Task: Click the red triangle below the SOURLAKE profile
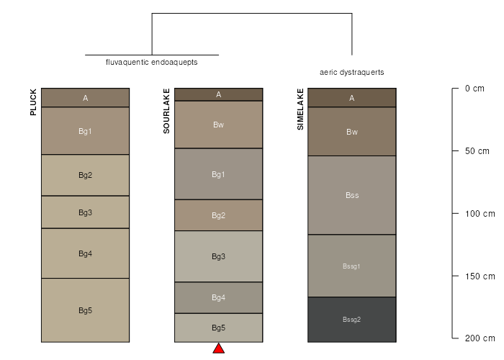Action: pos(219,348)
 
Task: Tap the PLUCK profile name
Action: pos(33,102)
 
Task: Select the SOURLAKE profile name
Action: pos(166,111)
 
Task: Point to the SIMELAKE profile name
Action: pos(300,109)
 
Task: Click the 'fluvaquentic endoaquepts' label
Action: pos(152,62)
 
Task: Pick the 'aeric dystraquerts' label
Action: pos(352,72)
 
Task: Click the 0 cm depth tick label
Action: pos(474,89)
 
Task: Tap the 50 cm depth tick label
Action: pos(477,151)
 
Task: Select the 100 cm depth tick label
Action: pos(480,214)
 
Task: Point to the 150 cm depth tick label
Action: pos(480,276)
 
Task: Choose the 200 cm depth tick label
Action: pos(480,338)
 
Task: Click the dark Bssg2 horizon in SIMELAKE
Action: pos(352,320)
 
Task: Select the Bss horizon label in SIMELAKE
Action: pos(352,195)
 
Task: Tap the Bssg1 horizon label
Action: pos(351,266)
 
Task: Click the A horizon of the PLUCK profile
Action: pos(85,98)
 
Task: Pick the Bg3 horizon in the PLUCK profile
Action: pos(85,212)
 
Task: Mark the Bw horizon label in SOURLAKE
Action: pos(218,125)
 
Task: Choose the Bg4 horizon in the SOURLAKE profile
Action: pos(219,297)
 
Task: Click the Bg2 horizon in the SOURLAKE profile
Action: pos(219,215)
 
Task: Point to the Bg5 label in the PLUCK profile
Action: pos(85,310)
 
